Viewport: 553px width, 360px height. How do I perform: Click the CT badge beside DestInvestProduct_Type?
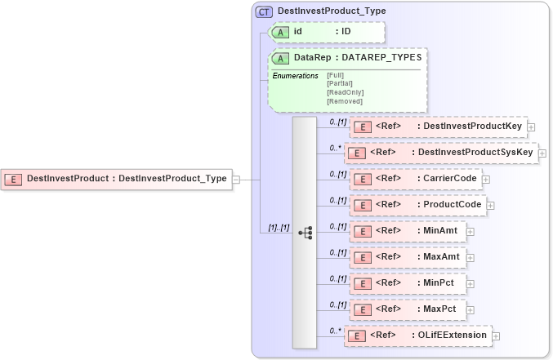pyautogui.click(x=265, y=11)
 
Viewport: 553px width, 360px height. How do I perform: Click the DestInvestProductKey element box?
pyautogui.click(x=439, y=127)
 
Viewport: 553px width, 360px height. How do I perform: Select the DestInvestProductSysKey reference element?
pyautogui.click(x=441, y=153)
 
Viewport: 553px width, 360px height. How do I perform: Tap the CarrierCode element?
pyautogui.click(x=415, y=179)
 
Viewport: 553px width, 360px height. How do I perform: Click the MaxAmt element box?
pyautogui.click(x=408, y=257)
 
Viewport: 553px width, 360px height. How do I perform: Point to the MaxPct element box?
pyautogui.click(x=407, y=309)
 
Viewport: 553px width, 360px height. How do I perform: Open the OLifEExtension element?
pyautogui.click(x=417, y=336)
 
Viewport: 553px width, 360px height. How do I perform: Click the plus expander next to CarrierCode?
pyautogui.click(x=486, y=179)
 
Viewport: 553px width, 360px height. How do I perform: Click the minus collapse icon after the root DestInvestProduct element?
pyautogui.click(x=236, y=178)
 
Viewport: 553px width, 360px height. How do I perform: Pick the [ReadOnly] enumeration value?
pyautogui.click(x=345, y=92)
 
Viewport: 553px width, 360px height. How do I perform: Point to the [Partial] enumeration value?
pyautogui.click(x=340, y=83)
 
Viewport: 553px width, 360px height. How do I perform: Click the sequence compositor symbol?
pyautogui.click(x=305, y=233)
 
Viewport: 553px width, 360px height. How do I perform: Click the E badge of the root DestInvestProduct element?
pyautogui.click(x=14, y=178)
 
